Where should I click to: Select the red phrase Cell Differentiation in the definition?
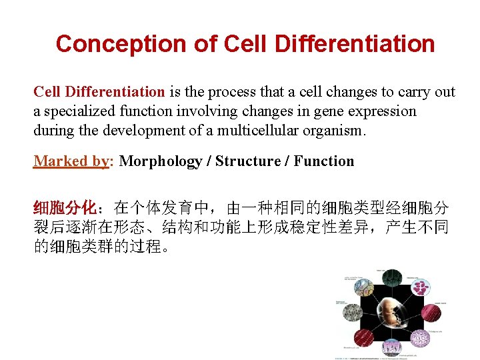[99, 92]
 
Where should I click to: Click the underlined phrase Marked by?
[71, 161]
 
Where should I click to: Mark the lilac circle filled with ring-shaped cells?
[421, 338]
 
